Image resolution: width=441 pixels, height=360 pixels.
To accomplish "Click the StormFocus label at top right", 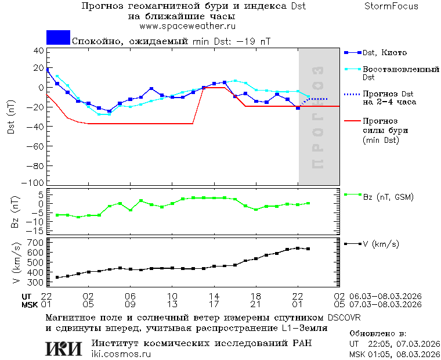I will click(x=391, y=6).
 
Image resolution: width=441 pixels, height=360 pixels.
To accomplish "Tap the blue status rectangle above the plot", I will click(x=58, y=38).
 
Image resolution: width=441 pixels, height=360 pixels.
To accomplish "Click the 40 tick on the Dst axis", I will click(x=39, y=51).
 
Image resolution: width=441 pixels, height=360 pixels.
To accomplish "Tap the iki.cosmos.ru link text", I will click(x=121, y=354).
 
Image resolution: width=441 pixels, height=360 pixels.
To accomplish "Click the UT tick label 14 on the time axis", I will click(x=214, y=296).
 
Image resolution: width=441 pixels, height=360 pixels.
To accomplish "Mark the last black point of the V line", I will click(x=308, y=249).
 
